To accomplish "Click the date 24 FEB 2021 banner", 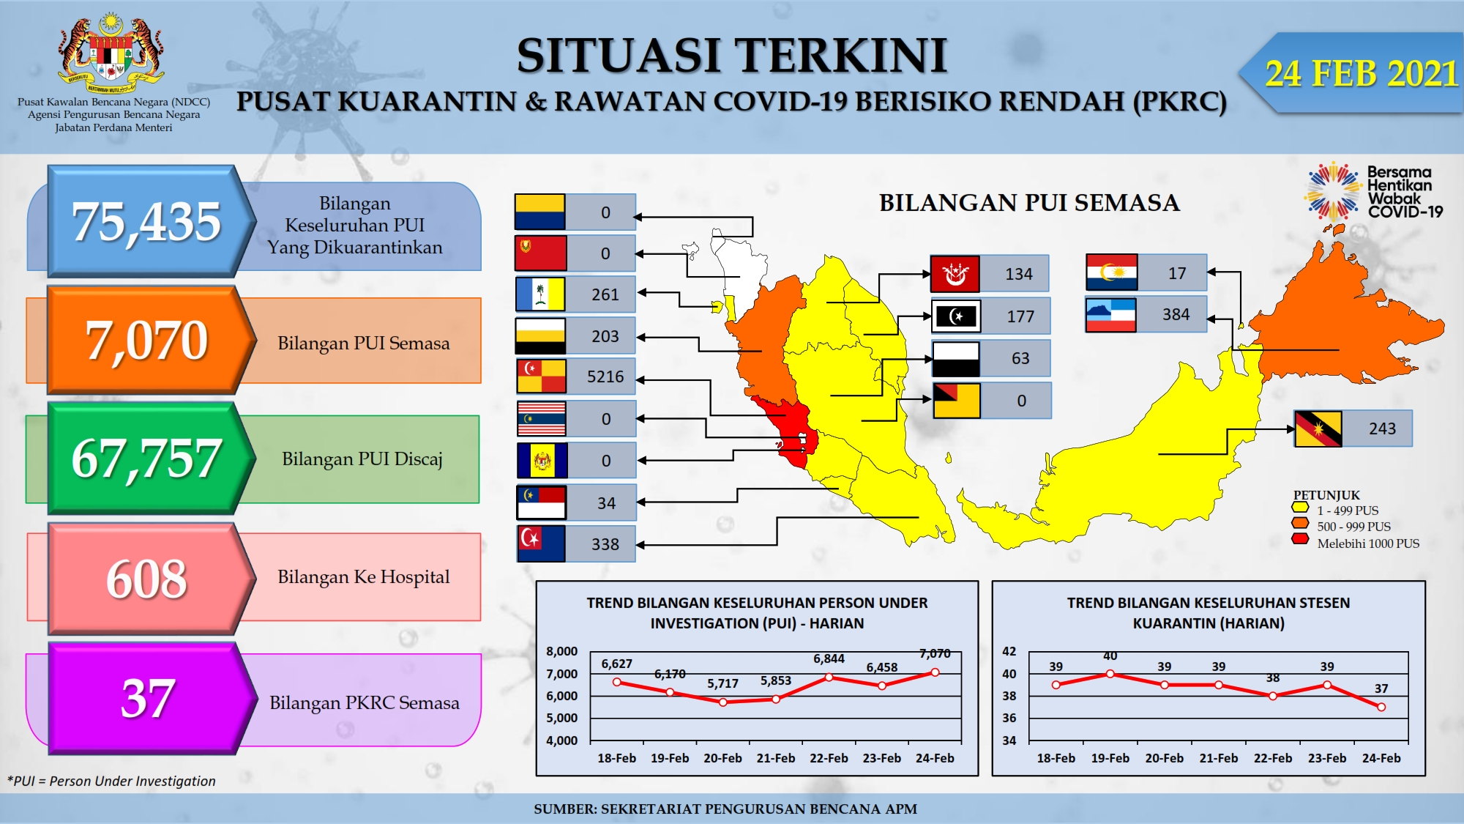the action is coord(1354,73).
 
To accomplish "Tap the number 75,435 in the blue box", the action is coord(146,221).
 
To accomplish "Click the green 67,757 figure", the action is coord(146,459).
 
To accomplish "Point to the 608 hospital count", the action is coord(146,579).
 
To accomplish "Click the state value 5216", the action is coord(605,377).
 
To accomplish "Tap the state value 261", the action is coord(605,294).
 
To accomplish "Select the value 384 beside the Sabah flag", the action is coord(1176,314).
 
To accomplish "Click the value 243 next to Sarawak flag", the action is coord(1383,428).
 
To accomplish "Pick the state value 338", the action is coord(605,544).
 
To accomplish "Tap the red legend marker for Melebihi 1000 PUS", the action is coord(1300,540).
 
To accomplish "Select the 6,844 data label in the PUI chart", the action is coord(829,658).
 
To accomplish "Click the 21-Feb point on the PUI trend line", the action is coord(776,699).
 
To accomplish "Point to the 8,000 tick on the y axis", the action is coord(562,651).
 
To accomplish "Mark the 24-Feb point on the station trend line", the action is coord(1381,707).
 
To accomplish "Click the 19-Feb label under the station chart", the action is coord(1110,758).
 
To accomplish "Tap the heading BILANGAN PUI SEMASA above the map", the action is coord(1029,202).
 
